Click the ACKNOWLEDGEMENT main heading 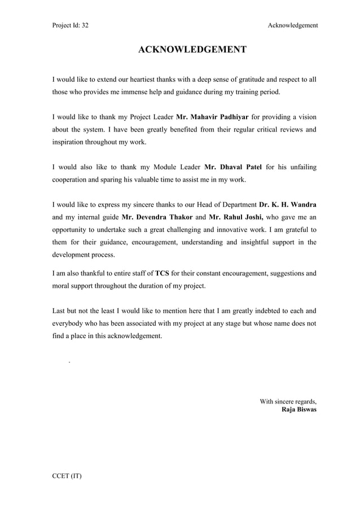point(192,50)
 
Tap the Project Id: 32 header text point(70,25)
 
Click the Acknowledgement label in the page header point(292,25)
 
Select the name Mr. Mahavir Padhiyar point(212,117)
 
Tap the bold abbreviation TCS point(163,274)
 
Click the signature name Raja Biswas point(298,410)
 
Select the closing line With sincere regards point(288,402)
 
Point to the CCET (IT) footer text point(67,476)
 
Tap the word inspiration point(71,142)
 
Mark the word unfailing point(301,168)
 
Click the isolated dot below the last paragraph point(69,361)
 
